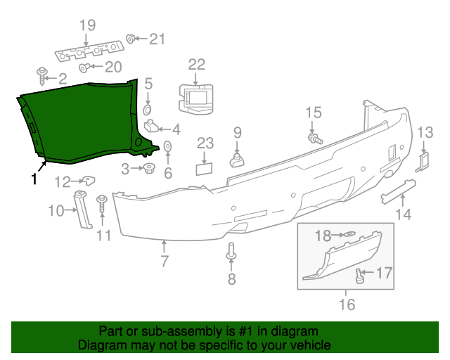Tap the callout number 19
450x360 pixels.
[86, 26]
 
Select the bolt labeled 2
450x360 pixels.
[42, 73]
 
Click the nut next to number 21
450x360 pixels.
[131, 38]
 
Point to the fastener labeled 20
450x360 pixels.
[84, 67]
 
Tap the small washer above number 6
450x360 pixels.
[168, 146]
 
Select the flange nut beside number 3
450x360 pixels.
[149, 168]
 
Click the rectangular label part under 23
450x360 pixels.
[205, 169]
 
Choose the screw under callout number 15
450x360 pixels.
[314, 138]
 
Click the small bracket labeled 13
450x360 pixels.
[424, 161]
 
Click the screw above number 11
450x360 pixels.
[102, 204]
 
